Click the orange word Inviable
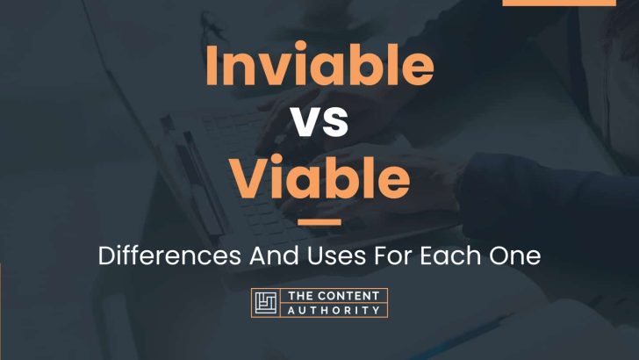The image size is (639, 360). pyautogui.click(x=319, y=63)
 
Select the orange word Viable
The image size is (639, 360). pyautogui.click(x=320, y=176)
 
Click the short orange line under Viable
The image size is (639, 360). pyautogui.click(x=319, y=222)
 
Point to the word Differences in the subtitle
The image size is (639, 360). pyautogui.click(x=169, y=256)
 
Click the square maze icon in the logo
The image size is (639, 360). pyautogui.click(x=266, y=303)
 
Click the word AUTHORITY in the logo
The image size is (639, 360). pyautogui.click(x=334, y=310)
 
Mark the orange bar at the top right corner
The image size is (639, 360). pyautogui.click(x=559, y=3)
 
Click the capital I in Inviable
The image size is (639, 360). pyautogui.click(x=211, y=65)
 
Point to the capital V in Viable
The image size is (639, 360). pyautogui.click(x=248, y=177)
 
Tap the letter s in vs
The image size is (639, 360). pyautogui.click(x=336, y=122)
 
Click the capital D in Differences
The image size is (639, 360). pyautogui.click(x=107, y=256)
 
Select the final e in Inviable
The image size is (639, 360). pyautogui.click(x=419, y=70)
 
